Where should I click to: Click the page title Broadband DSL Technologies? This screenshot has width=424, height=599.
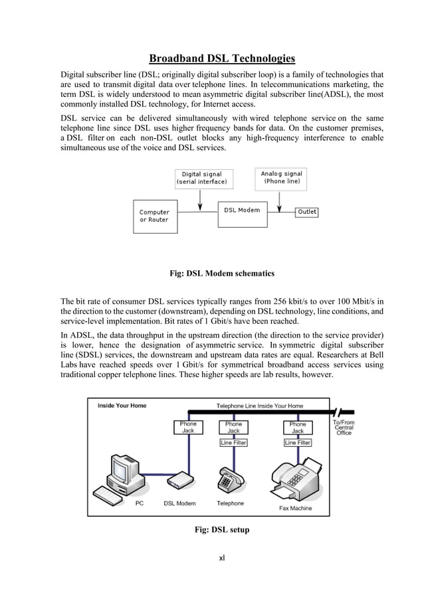222,58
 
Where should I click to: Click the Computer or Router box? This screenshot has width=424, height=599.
154,216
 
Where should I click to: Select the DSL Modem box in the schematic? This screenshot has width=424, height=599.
242,211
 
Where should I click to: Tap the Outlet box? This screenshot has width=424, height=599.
307,212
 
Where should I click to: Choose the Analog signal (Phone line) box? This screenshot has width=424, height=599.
282,177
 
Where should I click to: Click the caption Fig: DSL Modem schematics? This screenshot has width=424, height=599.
222,274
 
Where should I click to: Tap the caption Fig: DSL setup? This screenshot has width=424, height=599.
222,529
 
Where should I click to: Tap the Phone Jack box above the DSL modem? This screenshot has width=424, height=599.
188,427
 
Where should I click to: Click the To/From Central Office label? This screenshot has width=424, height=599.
344,427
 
